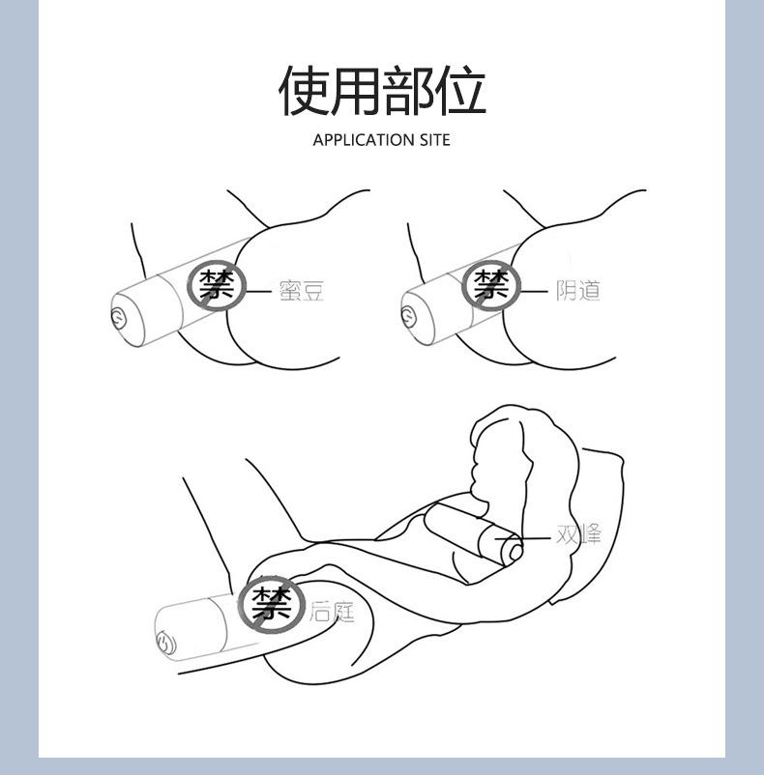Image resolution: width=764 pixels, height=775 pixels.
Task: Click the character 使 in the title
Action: click(x=304, y=91)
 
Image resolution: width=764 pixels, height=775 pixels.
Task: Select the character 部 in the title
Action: click(x=408, y=91)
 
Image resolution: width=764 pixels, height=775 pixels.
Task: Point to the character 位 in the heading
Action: click(x=460, y=91)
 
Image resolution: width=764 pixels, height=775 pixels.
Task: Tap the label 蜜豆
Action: click(x=301, y=290)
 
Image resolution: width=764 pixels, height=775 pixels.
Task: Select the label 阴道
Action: click(x=577, y=289)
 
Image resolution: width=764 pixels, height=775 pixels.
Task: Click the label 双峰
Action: click(x=578, y=534)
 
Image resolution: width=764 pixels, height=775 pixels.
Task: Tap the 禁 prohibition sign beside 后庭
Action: click(x=272, y=605)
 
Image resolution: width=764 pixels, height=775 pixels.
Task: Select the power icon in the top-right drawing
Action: click(x=408, y=315)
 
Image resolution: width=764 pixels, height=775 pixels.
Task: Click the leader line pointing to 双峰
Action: click(x=528, y=536)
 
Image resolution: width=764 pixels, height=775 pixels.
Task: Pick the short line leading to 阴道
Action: click(x=535, y=289)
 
